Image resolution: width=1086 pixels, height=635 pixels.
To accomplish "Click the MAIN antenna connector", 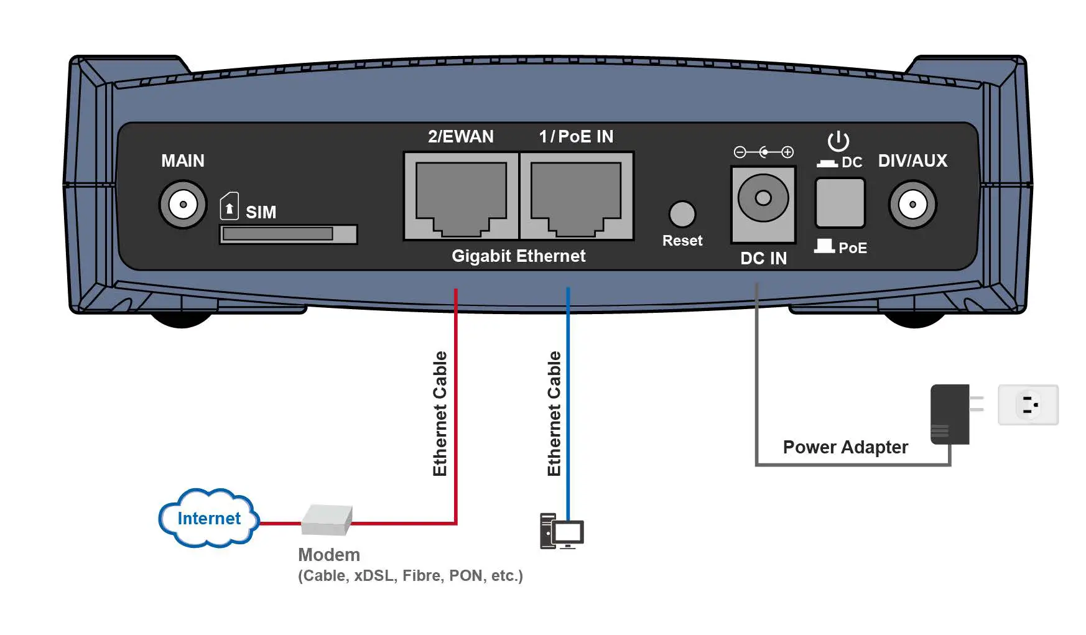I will coord(183,204).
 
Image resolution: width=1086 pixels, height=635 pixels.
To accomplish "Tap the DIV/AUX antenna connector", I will coord(912,204).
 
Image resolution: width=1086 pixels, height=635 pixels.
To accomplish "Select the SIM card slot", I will coord(288,234).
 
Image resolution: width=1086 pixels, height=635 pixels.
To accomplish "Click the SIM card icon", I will coord(230,206).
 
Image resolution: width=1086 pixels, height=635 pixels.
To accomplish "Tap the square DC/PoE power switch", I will coord(840,203).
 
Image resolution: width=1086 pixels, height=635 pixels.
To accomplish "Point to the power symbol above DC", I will coord(838,141).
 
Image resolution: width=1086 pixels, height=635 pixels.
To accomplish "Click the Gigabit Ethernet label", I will coord(518,256).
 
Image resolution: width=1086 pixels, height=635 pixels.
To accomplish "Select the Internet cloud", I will coord(208,518).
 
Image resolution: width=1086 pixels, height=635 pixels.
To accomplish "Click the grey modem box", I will coord(327,520).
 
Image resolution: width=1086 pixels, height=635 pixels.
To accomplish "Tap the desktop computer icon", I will coord(562,531).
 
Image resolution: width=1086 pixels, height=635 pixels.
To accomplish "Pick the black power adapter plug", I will coord(950,414).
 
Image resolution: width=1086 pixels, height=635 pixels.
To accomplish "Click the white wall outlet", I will coord(1028,405).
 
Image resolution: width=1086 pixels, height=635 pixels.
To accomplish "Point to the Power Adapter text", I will coord(845,447).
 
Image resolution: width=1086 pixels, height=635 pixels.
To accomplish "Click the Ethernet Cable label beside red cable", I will coord(440,414).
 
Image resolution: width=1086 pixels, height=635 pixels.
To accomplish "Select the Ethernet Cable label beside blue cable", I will coord(554,414).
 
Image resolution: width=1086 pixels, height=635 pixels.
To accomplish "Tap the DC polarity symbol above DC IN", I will coord(763,152).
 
